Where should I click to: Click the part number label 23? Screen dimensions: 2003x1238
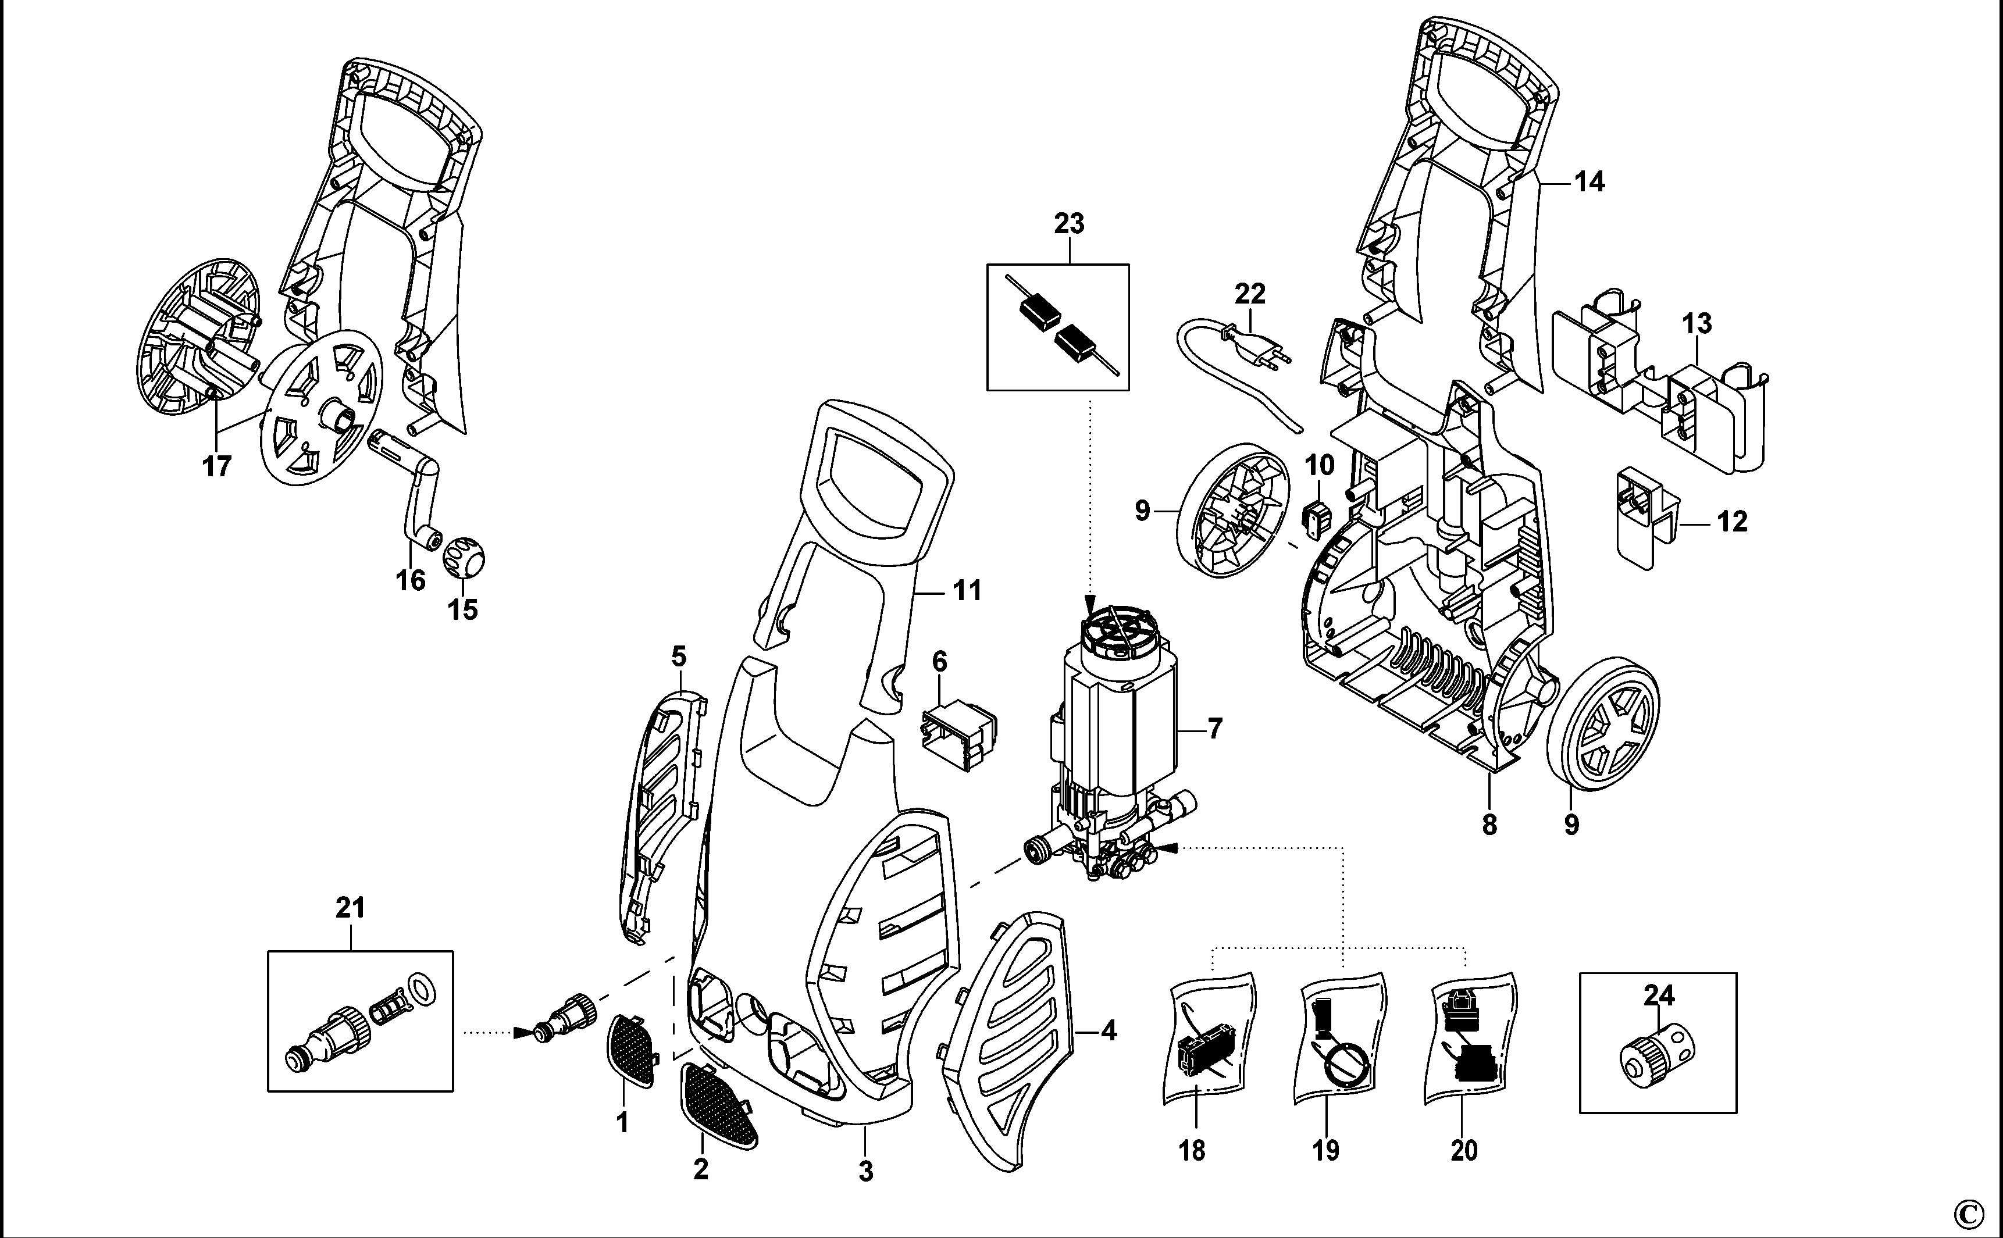[1070, 223]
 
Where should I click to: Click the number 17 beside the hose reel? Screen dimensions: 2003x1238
[217, 467]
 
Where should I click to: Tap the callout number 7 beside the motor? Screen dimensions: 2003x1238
[1214, 728]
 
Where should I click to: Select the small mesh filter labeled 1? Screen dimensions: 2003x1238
[632, 1050]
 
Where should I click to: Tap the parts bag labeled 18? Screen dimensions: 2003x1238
[1210, 1037]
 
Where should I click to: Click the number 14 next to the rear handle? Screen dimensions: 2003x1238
[1589, 182]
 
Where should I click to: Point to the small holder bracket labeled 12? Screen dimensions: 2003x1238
[1644, 518]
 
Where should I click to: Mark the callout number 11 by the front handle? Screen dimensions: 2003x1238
[967, 590]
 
